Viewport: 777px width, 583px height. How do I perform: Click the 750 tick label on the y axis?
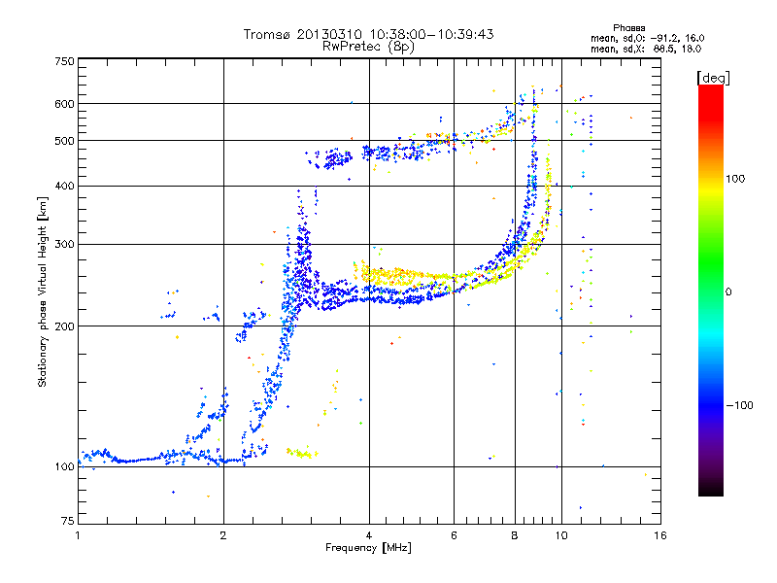pyautogui.click(x=65, y=61)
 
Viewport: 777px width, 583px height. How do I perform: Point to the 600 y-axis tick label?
pyautogui.click(x=65, y=104)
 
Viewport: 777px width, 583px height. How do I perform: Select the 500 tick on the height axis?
pyautogui.click(x=65, y=141)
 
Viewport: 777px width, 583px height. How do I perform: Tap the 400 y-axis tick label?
pyautogui.click(x=65, y=186)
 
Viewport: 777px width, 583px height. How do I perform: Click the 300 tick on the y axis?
pyautogui.click(x=65, y=244)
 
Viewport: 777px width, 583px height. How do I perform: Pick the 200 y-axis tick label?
pyautogui.click(x=65, y=326)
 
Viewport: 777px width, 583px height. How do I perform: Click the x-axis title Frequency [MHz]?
pyautogui.click(x=368, y=549)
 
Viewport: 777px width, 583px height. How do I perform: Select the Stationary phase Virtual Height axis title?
pyautogui.click(x=43, y=291)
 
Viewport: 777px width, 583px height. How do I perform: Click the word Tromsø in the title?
pyautogui.click(x=273, y=34)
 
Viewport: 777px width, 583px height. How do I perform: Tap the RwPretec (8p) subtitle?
pyautogui.click(x=369, y=46)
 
